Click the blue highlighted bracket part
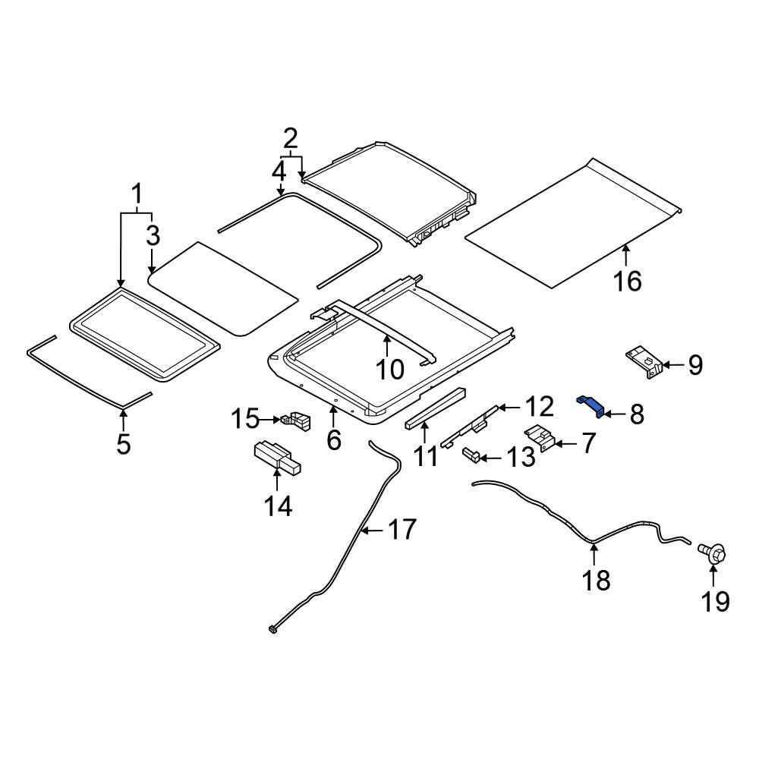[x=590, y=405]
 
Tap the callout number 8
[x=637, y=415]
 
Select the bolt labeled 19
[x=713, y=553]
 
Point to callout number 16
[x=628, y=282]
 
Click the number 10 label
[x=389, y=370]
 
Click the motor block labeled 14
[x=277, y=456]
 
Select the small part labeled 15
[x=296, y=420]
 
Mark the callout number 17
[x=402, y=530]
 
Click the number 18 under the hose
[x=596, y=580]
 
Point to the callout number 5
[x=124, y=443]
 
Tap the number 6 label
[x=334, y=439]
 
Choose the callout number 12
[x=539, y=407]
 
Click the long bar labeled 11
[x=435, y=408]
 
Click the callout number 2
[x=290, y=140]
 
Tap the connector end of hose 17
[x=272, y=630]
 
